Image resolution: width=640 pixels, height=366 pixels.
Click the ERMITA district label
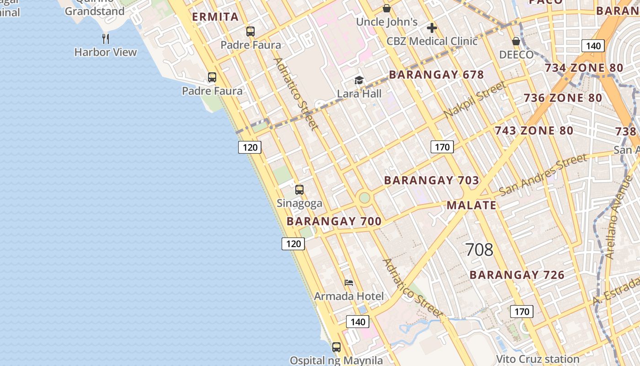click(215, 17)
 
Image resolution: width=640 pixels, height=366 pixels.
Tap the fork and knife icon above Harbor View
click(106, 38)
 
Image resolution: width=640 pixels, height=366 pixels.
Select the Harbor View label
click(106, 52)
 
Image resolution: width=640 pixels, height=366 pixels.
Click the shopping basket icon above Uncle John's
click(387, 8)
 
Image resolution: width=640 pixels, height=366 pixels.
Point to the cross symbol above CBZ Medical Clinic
click(432, 28)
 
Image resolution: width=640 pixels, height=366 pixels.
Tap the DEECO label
click(516, 55)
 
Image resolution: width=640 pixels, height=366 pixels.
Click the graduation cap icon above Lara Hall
click(359, 81)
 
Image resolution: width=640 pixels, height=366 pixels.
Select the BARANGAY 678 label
click(436, 75)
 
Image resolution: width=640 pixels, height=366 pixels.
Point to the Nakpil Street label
click(475, 99)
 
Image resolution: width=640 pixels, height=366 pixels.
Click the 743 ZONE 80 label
click(534, 131)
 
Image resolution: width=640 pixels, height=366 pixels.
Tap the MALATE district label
click(471, 205)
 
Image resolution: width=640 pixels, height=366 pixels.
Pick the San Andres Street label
click(543, 175)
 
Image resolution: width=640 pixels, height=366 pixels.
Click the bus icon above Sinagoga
click(299, 189)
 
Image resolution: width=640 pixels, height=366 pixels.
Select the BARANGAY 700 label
click(334, 221)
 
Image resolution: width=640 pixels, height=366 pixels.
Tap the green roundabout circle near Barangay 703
click(364, 198)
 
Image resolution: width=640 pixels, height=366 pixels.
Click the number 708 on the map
click(479, 250)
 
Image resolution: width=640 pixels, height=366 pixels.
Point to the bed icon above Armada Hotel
click(349, 283)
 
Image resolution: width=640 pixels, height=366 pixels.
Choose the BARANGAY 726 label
click(517, 275)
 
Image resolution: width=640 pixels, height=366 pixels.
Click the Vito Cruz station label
click(538, 359)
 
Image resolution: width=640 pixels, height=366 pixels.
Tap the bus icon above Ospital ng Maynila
click(336, 347)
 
